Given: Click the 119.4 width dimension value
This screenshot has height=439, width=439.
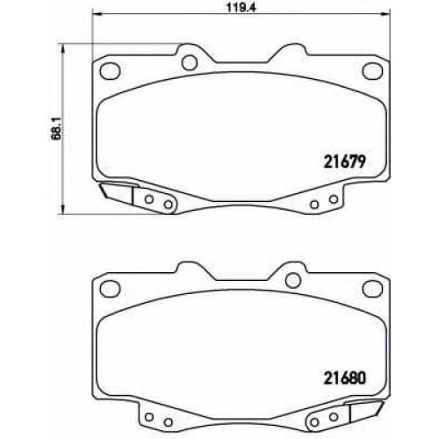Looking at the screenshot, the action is pos(241,8).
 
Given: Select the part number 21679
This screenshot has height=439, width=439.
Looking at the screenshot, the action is pos(344,162).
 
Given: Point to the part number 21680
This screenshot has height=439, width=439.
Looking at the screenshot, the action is pos(344,378).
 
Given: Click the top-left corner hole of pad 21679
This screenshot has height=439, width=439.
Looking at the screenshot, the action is pos(110,70).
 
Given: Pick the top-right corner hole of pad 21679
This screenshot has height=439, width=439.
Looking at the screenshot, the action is pos(372,70).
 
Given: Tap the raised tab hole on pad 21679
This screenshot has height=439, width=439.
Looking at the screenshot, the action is pos(190,62).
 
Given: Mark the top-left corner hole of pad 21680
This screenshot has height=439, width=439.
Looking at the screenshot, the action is pos(110,289).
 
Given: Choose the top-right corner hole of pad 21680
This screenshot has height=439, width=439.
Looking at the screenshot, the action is pos(372,289).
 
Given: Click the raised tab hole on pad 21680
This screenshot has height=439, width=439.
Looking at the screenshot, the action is pos(293,280).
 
